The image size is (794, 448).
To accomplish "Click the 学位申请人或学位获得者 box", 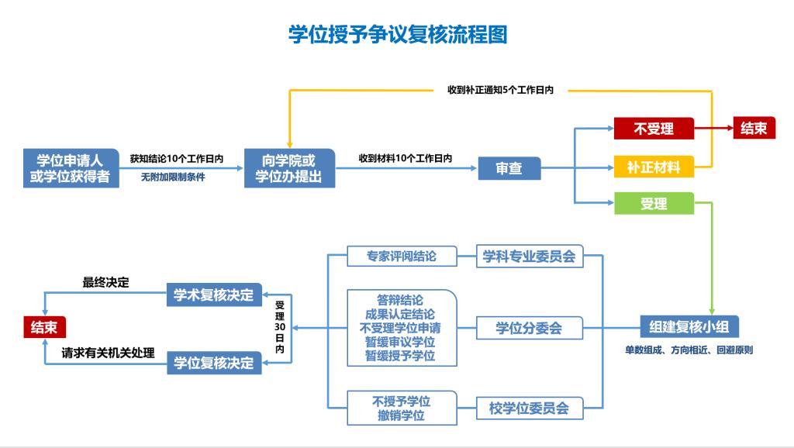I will [x=70, y=168].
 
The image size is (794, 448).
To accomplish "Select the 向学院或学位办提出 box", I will [x=289, y=168].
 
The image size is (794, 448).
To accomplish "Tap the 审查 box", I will [x=509, y=168].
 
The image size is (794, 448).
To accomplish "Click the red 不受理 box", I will [x=654, y=129].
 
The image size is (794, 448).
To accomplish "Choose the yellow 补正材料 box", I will [x=654, y=167].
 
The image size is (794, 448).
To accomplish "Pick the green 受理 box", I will [x=654, y=204].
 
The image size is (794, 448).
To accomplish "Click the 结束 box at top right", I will [x=754, y=129].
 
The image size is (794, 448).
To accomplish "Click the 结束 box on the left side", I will [x=43, y=327].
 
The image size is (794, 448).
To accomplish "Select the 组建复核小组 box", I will [x=689, y=327].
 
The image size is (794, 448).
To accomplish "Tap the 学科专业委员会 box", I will [x=529, y=257].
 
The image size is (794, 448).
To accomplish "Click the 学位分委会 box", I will [x=529, y=327].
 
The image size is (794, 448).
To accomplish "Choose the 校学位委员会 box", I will [x=529, y=407].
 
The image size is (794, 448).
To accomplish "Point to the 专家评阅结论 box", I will [x=401, y=257].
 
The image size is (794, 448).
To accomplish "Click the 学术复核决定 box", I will [x=214, y=295].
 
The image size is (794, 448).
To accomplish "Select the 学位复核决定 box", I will [x=214, y=362].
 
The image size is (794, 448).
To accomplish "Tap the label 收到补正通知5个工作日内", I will [x=500, y=90].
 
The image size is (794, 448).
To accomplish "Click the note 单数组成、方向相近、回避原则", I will [x=689, y=350].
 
